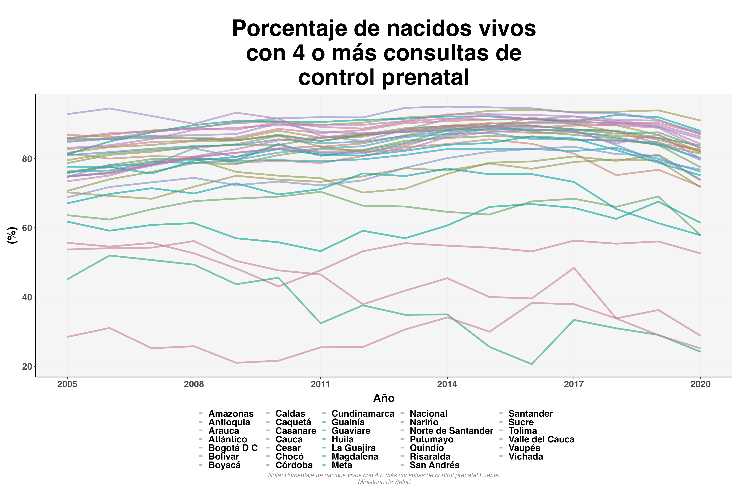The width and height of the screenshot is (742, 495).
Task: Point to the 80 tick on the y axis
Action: (27, 159)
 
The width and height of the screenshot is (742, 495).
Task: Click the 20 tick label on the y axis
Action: (27, 366)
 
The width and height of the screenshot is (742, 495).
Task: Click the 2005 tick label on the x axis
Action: (67, 384)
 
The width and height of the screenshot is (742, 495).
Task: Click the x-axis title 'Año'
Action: (384, 398)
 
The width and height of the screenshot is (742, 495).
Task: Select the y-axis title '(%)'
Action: (12, 235)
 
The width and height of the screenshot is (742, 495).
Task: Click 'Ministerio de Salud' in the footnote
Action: (384, 482)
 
